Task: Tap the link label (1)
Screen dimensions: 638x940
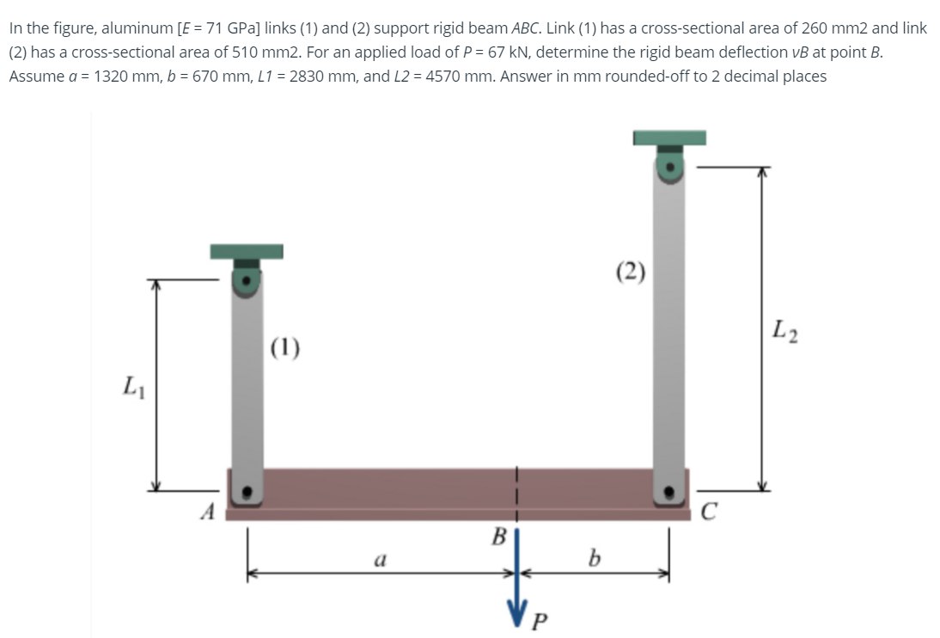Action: pos(284,348)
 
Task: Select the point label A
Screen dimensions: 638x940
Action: pos(206,512)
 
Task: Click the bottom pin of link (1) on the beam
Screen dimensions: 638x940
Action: pos(247,494)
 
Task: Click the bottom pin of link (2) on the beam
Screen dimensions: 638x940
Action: pos(669,494)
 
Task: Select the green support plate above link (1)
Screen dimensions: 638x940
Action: pos(247,251)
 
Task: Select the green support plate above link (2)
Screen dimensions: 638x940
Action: pos(669,138)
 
